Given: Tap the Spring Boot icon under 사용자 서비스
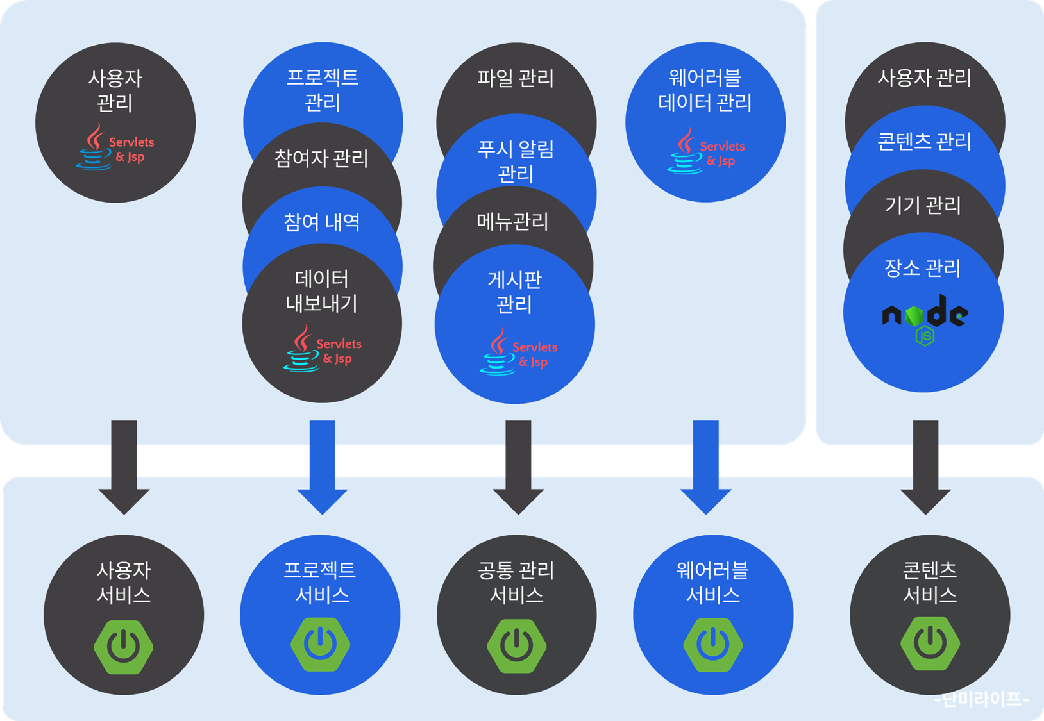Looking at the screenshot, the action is point(124,645).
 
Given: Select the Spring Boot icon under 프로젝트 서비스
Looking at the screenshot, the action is point(320,644).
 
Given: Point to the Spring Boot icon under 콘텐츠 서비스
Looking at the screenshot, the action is point(930,644).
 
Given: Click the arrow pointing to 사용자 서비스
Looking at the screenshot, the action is point(124,467).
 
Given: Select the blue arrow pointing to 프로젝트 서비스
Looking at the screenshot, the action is point(322,467).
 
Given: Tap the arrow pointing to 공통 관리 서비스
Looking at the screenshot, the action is point(518,467).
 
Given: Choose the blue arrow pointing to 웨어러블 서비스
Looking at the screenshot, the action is point(705,467).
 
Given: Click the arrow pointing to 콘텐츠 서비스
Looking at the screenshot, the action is point(925,467).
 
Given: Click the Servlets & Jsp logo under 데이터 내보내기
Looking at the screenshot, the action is point(323,349).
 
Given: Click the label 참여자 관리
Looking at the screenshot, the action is point(321,158).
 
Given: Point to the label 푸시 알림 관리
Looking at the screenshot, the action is point(516,162).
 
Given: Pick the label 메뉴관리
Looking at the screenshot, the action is point(513,222).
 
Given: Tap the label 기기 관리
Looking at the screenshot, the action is point(923,205).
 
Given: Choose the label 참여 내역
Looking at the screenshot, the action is point(322,222).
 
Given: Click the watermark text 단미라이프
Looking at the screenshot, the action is point(982,699).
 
